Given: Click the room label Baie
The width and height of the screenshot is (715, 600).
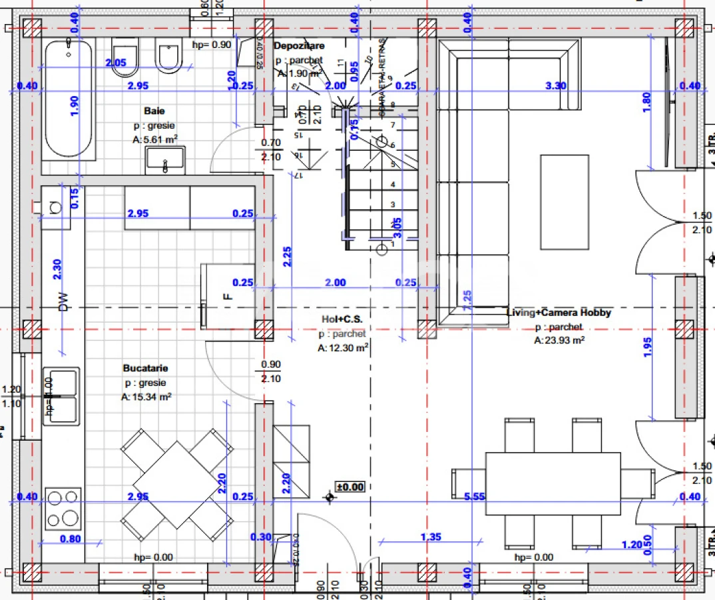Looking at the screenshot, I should [x=154, y=111].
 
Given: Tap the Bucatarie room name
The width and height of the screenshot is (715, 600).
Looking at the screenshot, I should [x=145, y=368].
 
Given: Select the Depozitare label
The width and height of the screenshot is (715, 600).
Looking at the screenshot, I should [x=299, y=45].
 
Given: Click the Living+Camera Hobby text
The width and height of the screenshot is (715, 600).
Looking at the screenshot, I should [x=559, y=312].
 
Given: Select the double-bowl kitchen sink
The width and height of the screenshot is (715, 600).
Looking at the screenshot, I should [x=62, y=395].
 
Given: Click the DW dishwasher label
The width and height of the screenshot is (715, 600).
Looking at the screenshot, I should [x=64, y=303].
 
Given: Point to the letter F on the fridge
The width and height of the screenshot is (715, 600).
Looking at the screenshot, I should [x=228, y=295].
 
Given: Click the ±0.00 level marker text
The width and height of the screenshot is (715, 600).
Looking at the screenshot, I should [x=350, y=487].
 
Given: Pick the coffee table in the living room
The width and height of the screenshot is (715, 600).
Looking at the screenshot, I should [x=565, y=202].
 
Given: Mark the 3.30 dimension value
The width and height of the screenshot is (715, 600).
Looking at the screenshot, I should [x=555, y=85].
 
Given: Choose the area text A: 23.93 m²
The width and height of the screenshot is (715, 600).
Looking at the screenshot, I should [x=559, y=340].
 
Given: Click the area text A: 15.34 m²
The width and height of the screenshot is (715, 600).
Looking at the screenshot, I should [x=146, y=397].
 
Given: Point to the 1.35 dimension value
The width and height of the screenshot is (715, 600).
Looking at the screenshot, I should [x=431, y=537].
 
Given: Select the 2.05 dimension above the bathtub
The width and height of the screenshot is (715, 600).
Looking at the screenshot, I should [x=115, y=62].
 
